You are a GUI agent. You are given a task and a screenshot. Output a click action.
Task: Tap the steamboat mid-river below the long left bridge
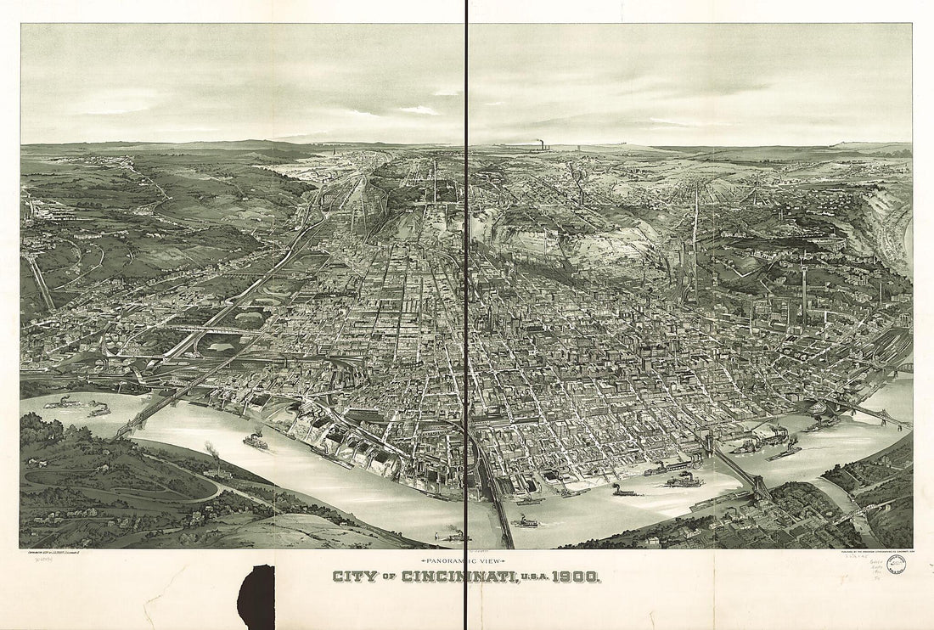(x=255, y=441)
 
